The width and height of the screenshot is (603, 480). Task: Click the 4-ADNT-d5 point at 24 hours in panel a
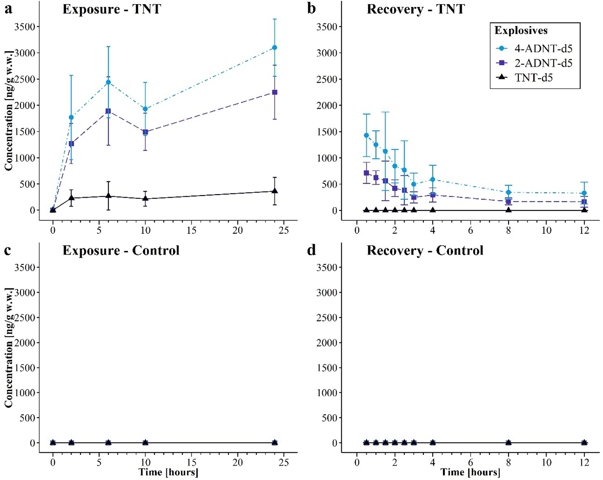(x=274, y=48)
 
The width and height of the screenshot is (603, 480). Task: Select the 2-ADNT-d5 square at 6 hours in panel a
(x=108, y=111)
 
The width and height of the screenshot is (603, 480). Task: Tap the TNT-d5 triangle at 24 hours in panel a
(x=274, y=191)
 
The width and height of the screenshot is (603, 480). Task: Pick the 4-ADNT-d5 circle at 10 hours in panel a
(x=145, y=109)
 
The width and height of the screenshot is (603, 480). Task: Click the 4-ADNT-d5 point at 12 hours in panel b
(x=584, y=193)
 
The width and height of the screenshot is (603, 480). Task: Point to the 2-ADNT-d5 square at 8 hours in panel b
(x=508, y=201)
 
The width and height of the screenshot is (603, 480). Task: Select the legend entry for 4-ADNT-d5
(x=543, y=49)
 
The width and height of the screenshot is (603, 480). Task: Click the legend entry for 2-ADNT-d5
(x=543, y=63)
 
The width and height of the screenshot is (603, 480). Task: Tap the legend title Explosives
(x=521, y=31)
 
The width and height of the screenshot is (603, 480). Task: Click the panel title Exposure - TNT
(x=112, y=9)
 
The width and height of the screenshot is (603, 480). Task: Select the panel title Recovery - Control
(x=425, y=250)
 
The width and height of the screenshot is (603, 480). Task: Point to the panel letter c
(x=8, y=250)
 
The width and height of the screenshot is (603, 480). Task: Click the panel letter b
(x=312, y=9)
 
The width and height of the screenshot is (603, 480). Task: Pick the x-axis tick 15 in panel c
(x=191, y=463)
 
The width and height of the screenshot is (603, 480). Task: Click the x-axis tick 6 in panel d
(x=470, y=463)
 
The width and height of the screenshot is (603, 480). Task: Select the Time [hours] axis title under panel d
(x=470, y=472)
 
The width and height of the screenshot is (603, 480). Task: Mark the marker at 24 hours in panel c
(x=274, y=443)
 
